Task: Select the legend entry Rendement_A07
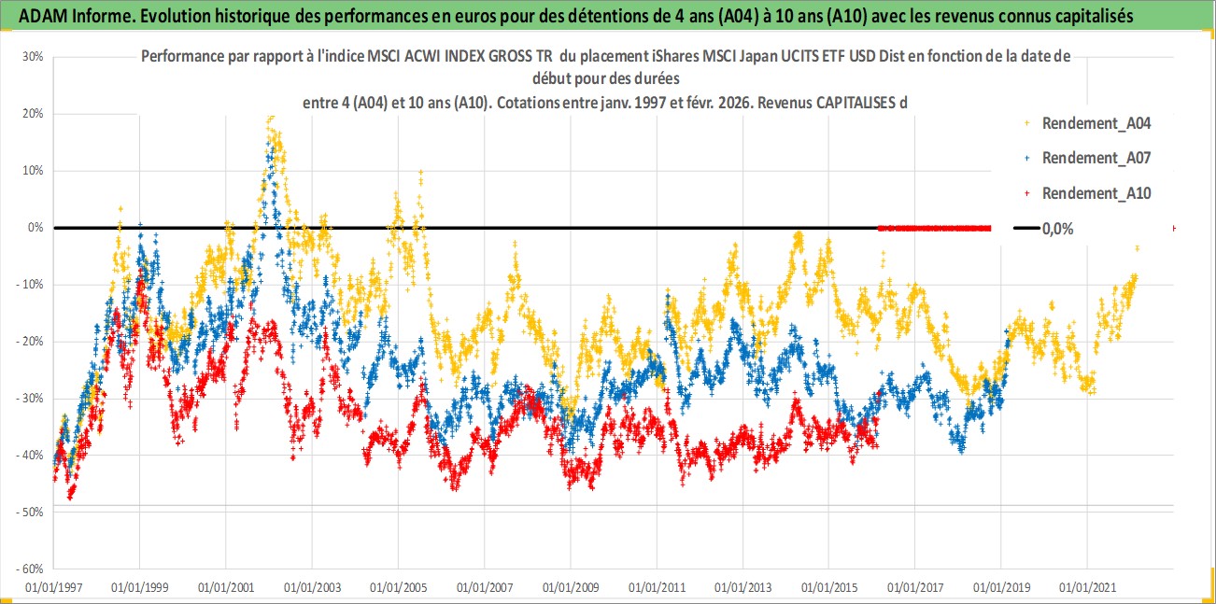click(x=1096, y=158)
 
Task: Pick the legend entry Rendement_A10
click(x=1096, y=193)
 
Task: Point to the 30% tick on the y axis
click(x=33, y=56)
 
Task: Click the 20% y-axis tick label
click(x=33, y=113)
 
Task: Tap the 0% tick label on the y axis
click(x=35, y=227)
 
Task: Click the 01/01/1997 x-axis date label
click(x=53, y=588)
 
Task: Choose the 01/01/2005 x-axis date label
click(x=399, y=588)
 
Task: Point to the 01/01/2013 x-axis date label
click(x=743, y=588)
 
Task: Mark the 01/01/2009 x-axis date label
click(x=571, y=588)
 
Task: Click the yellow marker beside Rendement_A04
click(x=1026, y=122)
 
